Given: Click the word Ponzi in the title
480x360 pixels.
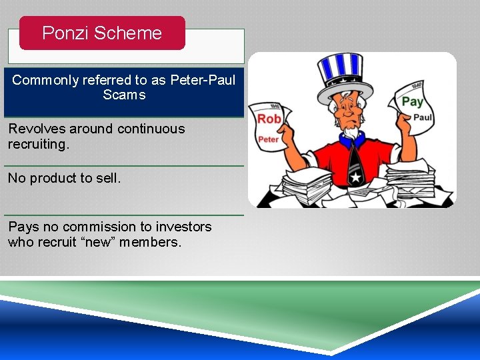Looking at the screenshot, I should (x=63, y=33).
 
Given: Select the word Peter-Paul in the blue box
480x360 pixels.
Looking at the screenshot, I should (x=203, y=80).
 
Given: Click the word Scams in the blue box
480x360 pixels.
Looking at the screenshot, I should (x=124, y=95).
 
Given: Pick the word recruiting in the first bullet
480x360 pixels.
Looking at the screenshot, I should (x=37, y=144).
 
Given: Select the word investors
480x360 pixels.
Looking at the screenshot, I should (x=183, y=227).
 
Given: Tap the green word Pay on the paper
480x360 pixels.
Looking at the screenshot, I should (x=412, y=101).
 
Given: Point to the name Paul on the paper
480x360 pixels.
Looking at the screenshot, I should (x=423, y=117).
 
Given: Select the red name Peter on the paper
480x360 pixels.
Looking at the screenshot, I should (x=268, y=139).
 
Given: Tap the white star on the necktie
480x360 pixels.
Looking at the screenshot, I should (x=355, y=177).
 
